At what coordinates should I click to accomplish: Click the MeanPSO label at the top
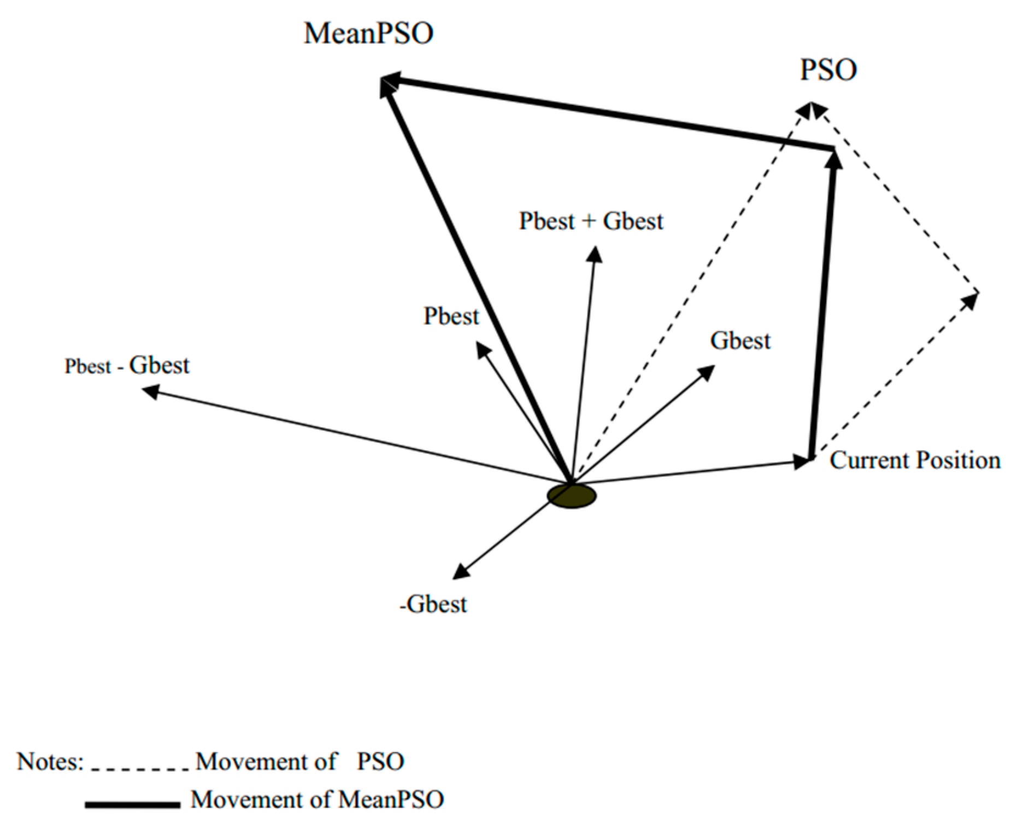[368, 34]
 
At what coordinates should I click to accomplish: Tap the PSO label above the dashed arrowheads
[828, 71]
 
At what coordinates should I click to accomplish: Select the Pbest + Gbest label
[591, 221]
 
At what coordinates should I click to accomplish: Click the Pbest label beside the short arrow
[451, 316]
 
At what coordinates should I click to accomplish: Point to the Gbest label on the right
[740, 341]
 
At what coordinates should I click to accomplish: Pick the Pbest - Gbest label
[127, 366]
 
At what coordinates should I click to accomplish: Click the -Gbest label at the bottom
[433, 605]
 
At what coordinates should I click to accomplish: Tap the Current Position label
[915, 460]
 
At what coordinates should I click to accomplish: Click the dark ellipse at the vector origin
[572, 496]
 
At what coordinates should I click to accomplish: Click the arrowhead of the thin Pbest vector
[483, 349]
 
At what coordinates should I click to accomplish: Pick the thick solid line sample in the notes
[132, 805]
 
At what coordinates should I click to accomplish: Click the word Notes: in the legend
[50, 761]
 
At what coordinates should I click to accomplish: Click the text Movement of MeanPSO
[317, 800]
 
